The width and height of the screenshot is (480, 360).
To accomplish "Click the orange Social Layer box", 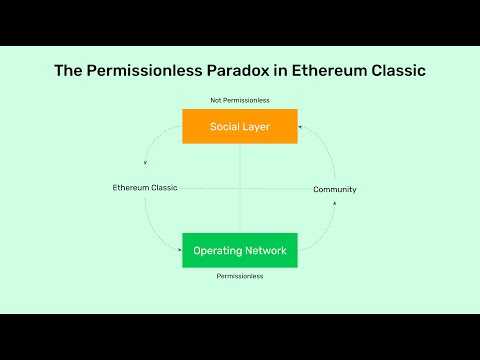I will click(240, 126).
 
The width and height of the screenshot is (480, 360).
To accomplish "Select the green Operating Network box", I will click(240, 250).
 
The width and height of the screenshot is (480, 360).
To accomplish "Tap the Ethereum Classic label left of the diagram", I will click(145, 188).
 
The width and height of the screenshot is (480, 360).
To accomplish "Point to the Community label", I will click(335, 189).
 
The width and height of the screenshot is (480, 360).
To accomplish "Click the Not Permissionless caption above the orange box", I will click(240, 100).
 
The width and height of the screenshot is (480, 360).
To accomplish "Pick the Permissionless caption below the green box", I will click(240, 275).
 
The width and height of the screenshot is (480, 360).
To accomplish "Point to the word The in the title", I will click(67, 71).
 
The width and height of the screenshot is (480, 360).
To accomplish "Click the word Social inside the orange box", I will click(225, 126).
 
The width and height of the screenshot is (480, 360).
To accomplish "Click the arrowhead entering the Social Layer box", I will click(301, 126).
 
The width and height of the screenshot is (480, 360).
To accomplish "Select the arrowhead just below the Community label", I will click(335, 202).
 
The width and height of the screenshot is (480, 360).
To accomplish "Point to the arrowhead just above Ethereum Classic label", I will click(146, 163).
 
